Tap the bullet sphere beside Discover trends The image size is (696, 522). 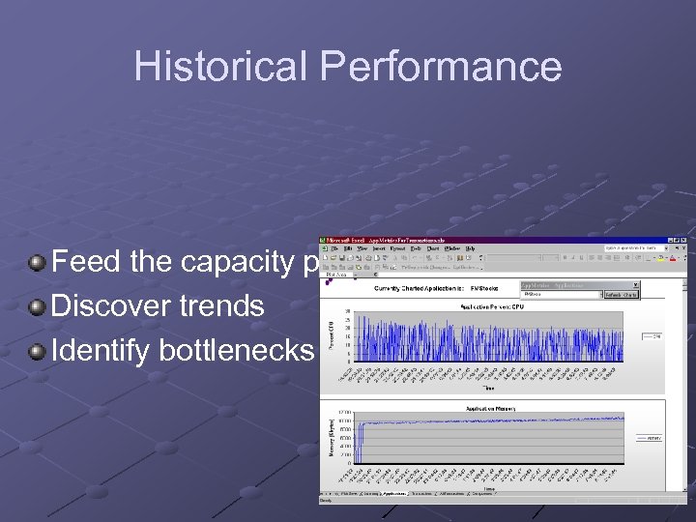click(x=37, y=305)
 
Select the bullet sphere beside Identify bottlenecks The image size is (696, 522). click(x=37, y=350)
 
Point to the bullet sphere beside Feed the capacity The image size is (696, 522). click(x=37, y=261)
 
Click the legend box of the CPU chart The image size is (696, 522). click(x=652, y=337)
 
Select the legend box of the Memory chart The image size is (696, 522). click(x=652, y=438)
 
